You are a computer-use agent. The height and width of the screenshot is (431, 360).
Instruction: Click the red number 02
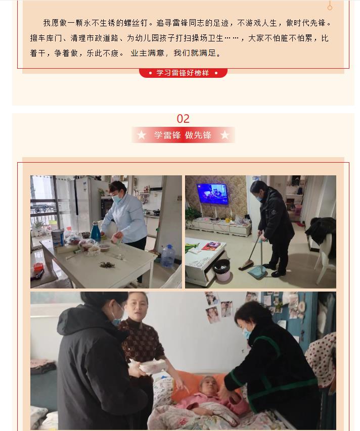[x=183, y=119]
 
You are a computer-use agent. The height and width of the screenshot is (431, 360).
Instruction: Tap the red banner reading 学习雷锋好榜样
[x=183, y=73]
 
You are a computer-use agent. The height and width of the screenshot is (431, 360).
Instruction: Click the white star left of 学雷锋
[x=142, y=135]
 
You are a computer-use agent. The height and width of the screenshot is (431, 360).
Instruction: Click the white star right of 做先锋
[x=224, y=135]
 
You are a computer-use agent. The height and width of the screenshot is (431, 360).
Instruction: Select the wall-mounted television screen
[x=212, y=194]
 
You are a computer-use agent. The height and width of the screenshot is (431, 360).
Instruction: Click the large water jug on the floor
[x=168, y=256]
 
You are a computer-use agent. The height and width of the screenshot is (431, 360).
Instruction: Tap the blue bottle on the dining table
[x=96, y=231]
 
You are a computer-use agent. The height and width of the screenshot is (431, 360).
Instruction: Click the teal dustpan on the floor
[x=258, y=272]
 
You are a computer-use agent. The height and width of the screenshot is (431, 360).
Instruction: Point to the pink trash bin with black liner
[x=222, y=270]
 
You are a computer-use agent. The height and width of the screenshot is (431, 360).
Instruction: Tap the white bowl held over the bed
[x=153, y=366]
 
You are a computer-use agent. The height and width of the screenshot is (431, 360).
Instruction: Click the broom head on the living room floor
[x=246, y=265]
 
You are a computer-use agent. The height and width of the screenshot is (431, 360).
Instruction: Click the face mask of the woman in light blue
[x=117, y=199]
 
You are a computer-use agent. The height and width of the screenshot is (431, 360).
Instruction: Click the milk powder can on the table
[x=58, y=238]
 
